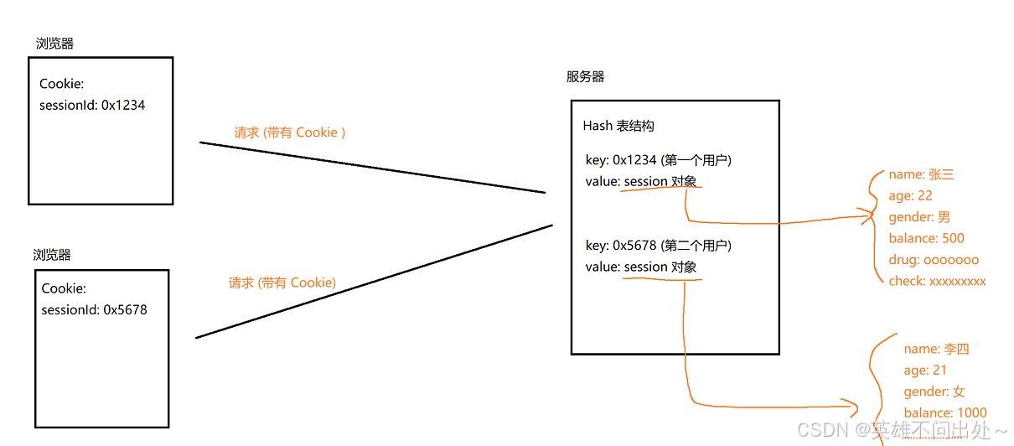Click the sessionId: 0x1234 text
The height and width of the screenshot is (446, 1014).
click(92, 106)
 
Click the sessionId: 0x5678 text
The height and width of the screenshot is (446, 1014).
click(94, 310)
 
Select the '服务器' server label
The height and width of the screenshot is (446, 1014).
click(585, 77)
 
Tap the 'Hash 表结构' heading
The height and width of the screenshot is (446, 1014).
click(618, 126)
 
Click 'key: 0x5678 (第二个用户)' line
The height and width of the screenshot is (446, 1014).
click(658, 246)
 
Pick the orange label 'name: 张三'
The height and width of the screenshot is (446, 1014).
click(921, 175)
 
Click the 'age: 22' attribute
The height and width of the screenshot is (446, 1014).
click(910, 196)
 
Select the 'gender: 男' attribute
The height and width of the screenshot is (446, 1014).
click(919, 217)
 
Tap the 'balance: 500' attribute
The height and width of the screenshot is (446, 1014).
click(926, 238)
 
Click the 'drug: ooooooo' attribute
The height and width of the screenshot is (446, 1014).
click(934, 260)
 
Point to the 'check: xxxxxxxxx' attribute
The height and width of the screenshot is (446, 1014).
click(937, 281)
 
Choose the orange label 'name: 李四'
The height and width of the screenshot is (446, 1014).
click(936, 350)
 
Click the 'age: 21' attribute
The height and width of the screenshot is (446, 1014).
click(925, 371)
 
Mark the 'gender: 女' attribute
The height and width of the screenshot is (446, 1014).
click(934, 392)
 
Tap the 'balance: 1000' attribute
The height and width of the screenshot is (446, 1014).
click(945, 412)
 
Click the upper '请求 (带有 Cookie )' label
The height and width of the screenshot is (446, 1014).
click(290, 132)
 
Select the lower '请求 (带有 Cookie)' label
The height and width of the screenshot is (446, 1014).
click(282, 283)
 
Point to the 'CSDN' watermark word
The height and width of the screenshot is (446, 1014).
click(820, 431)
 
